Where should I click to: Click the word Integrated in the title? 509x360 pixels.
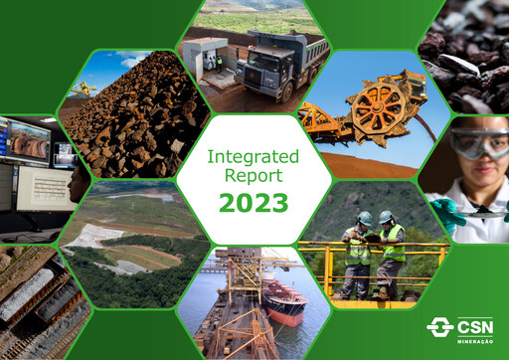[x=254, y=156]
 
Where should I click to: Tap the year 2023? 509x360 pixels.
[x=254, y=203]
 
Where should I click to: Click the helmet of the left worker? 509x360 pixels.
[x=366, y=218]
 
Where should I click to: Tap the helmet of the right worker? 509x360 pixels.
[x=387, y=217]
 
